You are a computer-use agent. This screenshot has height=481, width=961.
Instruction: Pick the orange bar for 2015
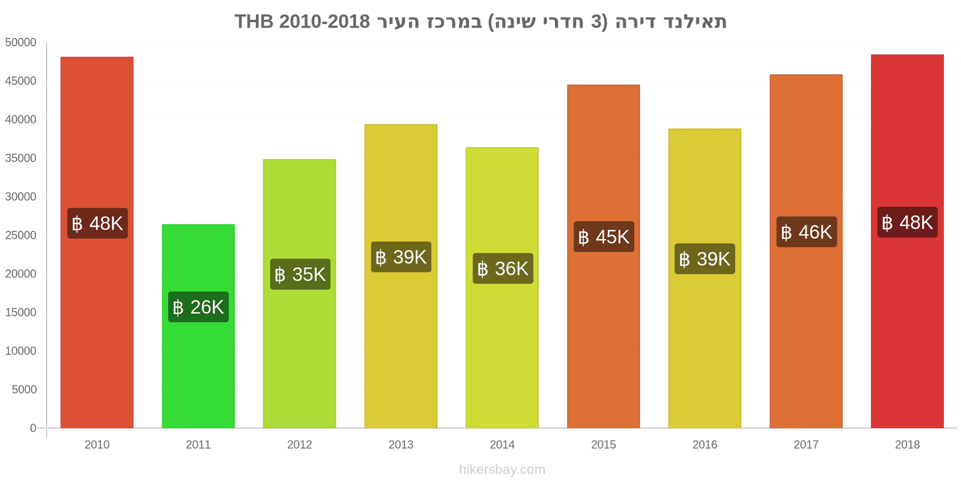[x=603, y=337]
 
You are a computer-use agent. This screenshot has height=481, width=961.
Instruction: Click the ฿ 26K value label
[x=198, y=307]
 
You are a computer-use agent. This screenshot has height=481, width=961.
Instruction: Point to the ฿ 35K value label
[x=300, y=274]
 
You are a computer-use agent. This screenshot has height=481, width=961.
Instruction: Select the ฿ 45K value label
[x=604, y=237]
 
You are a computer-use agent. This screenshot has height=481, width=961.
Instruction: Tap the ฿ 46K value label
[x=806, y=232]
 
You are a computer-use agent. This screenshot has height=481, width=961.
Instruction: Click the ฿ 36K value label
[x=503, y=268]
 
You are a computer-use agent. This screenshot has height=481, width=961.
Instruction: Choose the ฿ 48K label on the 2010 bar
[x=97, y=224]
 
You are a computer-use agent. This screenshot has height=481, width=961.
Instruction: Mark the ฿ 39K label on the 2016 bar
[x=705, y=259]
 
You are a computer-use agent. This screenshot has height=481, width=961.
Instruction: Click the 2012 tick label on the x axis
[x=300, y=445]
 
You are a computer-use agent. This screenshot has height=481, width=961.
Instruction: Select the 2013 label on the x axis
[x=401, y=445]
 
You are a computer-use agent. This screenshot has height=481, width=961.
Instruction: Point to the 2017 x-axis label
[x=806, y=445]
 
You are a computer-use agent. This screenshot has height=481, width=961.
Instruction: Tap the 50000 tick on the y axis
[x=21, y=43]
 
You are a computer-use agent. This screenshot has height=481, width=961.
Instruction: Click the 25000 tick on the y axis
[x=21, y=236]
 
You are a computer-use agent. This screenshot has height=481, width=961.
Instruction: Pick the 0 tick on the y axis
[x=33, y=428]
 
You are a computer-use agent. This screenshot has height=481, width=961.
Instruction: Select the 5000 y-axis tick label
[x=24, y=390]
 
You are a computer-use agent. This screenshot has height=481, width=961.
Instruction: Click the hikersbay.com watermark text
[x=502, y=470]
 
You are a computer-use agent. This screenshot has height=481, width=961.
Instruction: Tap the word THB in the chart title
[x=253, y=22]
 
